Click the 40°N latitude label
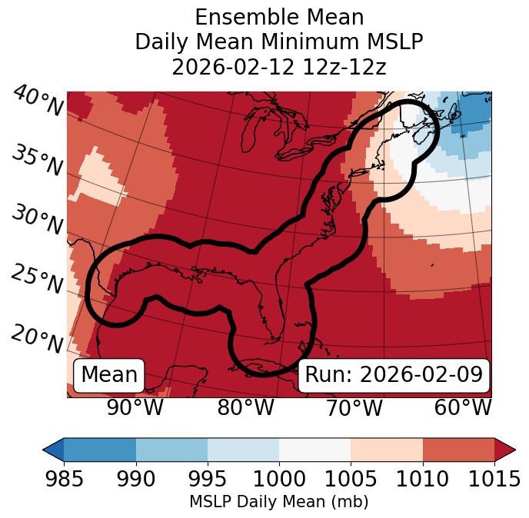point(36,102)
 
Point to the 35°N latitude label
point(36,161)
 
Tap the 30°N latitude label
point(36,221)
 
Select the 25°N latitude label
point(36,280)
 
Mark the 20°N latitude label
point(36,339)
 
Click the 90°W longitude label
point(135,408)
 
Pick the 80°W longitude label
point(245,408)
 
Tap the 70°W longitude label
point(354,408)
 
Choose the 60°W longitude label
point(463,408)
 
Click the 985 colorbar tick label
point(64,479)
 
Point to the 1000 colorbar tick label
point(279,479)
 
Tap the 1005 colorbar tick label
point(351,479)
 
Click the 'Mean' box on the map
point(109,375)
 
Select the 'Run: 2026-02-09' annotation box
point(394,375)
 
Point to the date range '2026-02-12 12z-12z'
point(279,67)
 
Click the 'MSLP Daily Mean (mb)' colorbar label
point(279,503)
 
